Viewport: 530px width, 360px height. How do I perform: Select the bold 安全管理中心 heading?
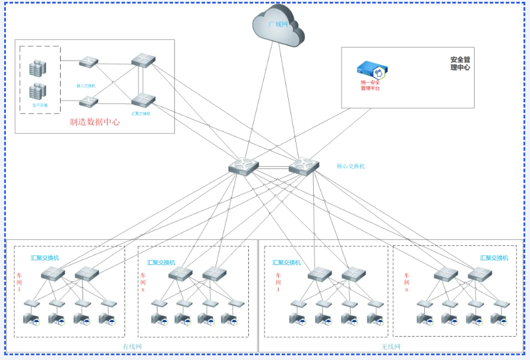[460, 64]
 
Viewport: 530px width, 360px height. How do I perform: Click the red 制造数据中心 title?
[94, 122]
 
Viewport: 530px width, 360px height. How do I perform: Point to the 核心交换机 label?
[351, 166]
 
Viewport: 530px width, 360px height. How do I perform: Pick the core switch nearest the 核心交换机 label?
[304, 166]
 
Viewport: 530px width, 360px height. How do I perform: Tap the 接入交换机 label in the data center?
[86, 86]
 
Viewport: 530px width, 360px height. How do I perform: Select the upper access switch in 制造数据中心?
[89, 62]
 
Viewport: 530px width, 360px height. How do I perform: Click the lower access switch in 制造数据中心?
[89, 102]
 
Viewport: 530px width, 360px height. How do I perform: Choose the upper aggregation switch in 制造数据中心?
[143, 60]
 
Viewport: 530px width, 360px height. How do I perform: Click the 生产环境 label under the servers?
[40, 105]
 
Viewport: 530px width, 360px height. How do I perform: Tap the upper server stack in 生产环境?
[38, 68]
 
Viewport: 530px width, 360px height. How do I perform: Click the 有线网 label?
[132, 346]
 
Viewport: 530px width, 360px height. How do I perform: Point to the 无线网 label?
[391, 346]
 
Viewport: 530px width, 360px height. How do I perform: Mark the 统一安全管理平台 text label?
[370, 85]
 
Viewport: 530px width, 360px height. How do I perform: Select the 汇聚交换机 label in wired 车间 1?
[45, 258]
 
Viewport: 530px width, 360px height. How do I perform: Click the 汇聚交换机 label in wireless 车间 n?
[494, 258]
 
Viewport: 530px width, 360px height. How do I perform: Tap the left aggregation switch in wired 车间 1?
[53, 274]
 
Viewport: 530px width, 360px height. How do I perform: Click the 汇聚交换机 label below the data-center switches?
[141, 113]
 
